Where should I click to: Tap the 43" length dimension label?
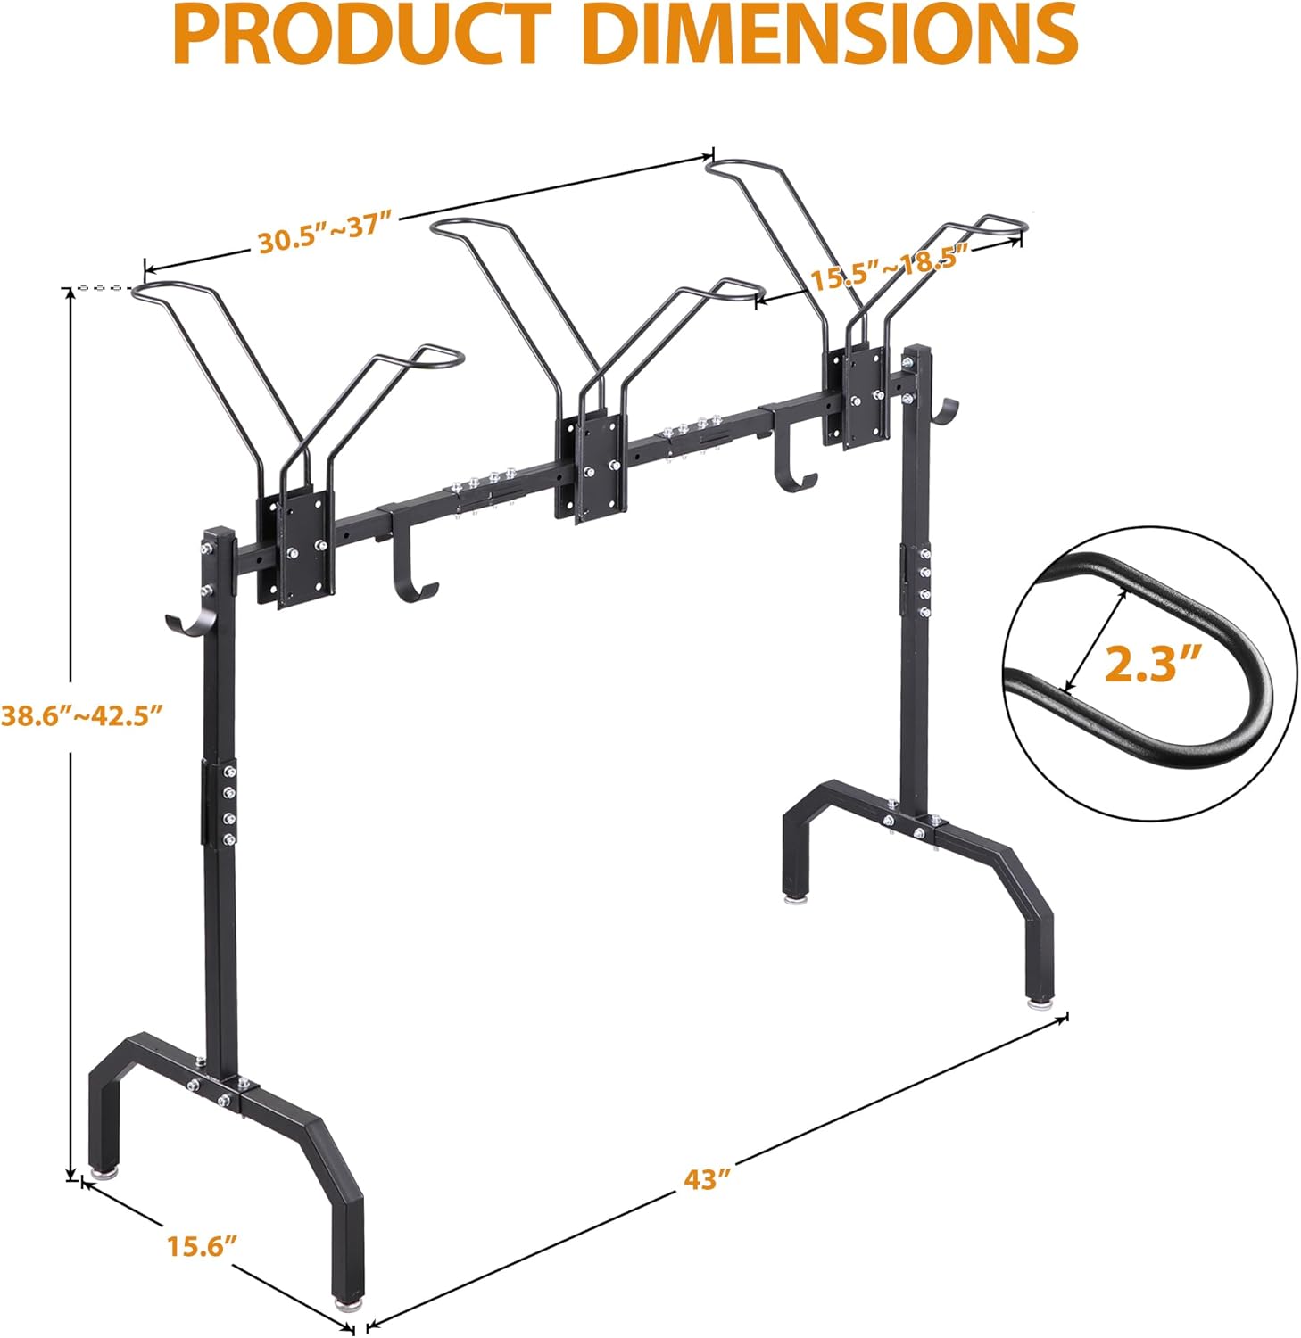click(x=707, y=1179)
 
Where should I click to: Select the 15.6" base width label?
click(x=201, y=1245)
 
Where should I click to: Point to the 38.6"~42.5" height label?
click(x=82, y=714)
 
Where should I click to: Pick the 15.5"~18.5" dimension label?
click(x=889, y=268)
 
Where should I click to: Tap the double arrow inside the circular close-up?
click(x=1091, y=642)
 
